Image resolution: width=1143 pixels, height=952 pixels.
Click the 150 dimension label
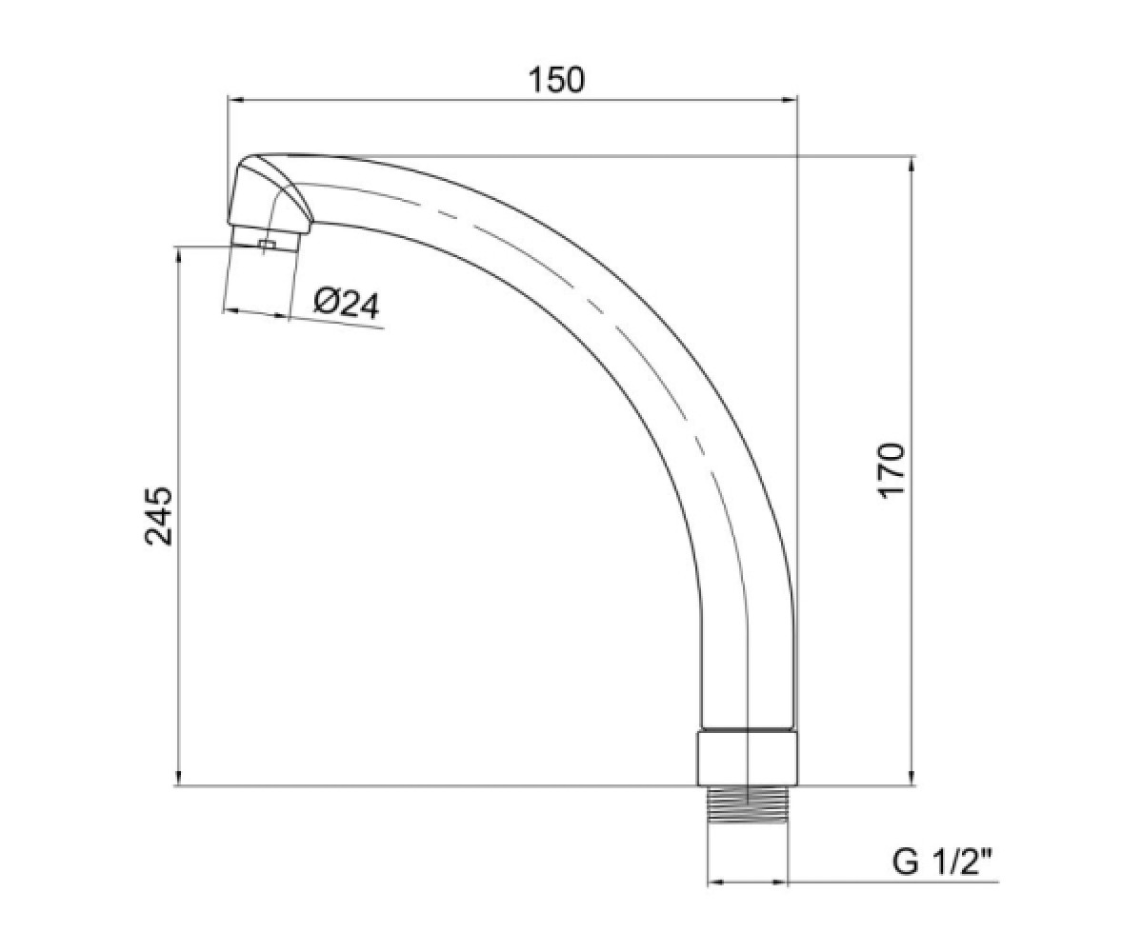(556, 80)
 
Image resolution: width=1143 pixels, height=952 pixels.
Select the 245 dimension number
(159, 516)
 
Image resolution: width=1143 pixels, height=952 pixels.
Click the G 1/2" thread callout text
(943, 863)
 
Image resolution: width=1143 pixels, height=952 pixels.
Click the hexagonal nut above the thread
(747, 760)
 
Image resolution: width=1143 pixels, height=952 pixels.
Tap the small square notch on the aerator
(267, 245)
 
